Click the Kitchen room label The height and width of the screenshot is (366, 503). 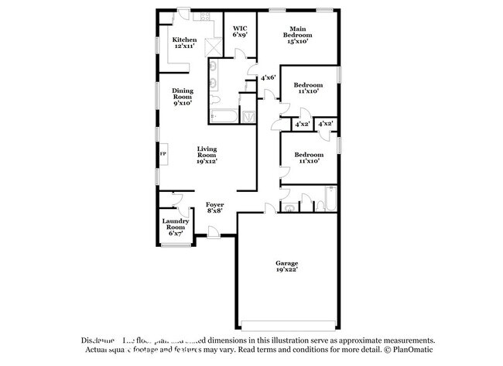point(184,43)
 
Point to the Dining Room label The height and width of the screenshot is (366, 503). point(183,96)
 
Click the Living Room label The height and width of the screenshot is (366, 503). point(206,155)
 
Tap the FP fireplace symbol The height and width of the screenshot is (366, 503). point(163,154)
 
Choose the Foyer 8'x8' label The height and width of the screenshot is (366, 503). point(215,207)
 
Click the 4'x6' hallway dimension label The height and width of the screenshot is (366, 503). point(269,77)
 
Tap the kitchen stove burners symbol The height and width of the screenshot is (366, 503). point(206,16)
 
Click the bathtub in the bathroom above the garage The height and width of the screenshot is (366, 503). point(325,200)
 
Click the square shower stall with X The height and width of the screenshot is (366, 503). point(248,116)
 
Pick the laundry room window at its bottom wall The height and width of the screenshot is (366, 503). point(176,246)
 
